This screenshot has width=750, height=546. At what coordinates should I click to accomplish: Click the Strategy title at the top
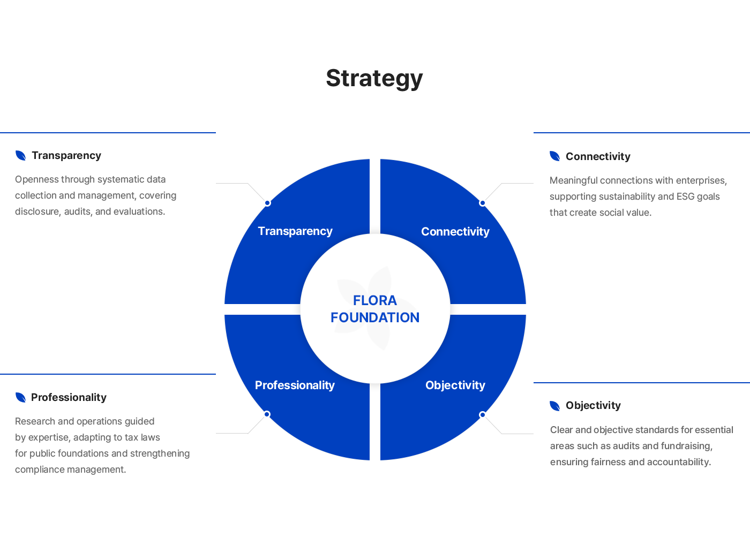(x=374, y=80)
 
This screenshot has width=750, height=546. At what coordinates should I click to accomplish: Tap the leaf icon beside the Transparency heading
(x=21, y=156)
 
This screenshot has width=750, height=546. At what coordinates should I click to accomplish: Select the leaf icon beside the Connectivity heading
(x=555, y=156)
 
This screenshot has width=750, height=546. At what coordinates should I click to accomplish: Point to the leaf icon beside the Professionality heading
(x=21, y=397)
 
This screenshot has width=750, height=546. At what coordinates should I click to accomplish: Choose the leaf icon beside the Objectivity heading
(x=555, y=406)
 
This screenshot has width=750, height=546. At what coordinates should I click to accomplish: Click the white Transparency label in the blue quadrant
(x=295, y=231)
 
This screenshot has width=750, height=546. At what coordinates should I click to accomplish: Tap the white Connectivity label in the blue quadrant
(x=455, y=232)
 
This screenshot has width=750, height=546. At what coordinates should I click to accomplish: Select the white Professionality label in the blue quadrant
(x=295, y=385)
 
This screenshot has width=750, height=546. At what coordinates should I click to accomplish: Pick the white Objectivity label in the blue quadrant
(x=455, y=385)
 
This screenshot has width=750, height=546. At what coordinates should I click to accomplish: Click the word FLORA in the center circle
(x=375, y=300)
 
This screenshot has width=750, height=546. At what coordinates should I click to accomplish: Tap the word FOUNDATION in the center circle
(x=375, y=317)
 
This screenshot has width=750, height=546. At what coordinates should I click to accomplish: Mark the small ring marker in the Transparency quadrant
(x=267, y=203)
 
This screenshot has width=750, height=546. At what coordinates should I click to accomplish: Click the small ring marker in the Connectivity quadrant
(x=483, y=203)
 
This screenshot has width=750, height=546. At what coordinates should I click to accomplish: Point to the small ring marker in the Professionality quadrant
(x=267, y=414)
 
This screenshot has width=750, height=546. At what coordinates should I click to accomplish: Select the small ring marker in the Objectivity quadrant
(x=483, y=415)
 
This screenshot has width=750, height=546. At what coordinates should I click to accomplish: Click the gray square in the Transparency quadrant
(x=256, y=193)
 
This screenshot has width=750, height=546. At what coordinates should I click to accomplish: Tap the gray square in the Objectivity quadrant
(x=493, y=424)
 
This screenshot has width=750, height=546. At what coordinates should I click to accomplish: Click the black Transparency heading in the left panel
(x=66, y=156)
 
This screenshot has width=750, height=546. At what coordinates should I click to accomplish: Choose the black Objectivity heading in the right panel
(x=593, y=406)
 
